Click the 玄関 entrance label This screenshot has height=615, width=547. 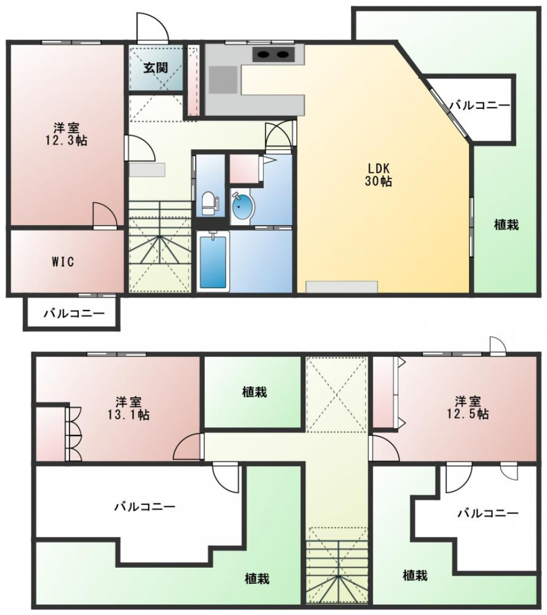point(156,68)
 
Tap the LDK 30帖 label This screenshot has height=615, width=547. point(378,174)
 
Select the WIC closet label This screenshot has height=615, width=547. point(63,262)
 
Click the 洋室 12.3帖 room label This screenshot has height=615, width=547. point(66,134)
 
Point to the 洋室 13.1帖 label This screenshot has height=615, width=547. point(129,408)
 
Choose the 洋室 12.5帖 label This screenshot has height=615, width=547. point(468,408)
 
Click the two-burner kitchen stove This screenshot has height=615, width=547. point(273,54)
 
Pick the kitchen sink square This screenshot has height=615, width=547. point(223,80)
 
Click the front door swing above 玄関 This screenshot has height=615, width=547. point(153,27)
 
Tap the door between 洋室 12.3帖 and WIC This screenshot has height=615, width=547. point(105,215)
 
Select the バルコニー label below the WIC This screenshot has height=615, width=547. point(74,313)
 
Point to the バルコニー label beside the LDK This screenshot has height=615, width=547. point(480,105)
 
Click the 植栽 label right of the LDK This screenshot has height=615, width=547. point(506,225)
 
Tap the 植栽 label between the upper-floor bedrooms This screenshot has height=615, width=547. point(255,392)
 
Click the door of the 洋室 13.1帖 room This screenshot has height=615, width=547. point(188,446)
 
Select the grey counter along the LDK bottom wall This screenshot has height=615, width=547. point(341,287)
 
